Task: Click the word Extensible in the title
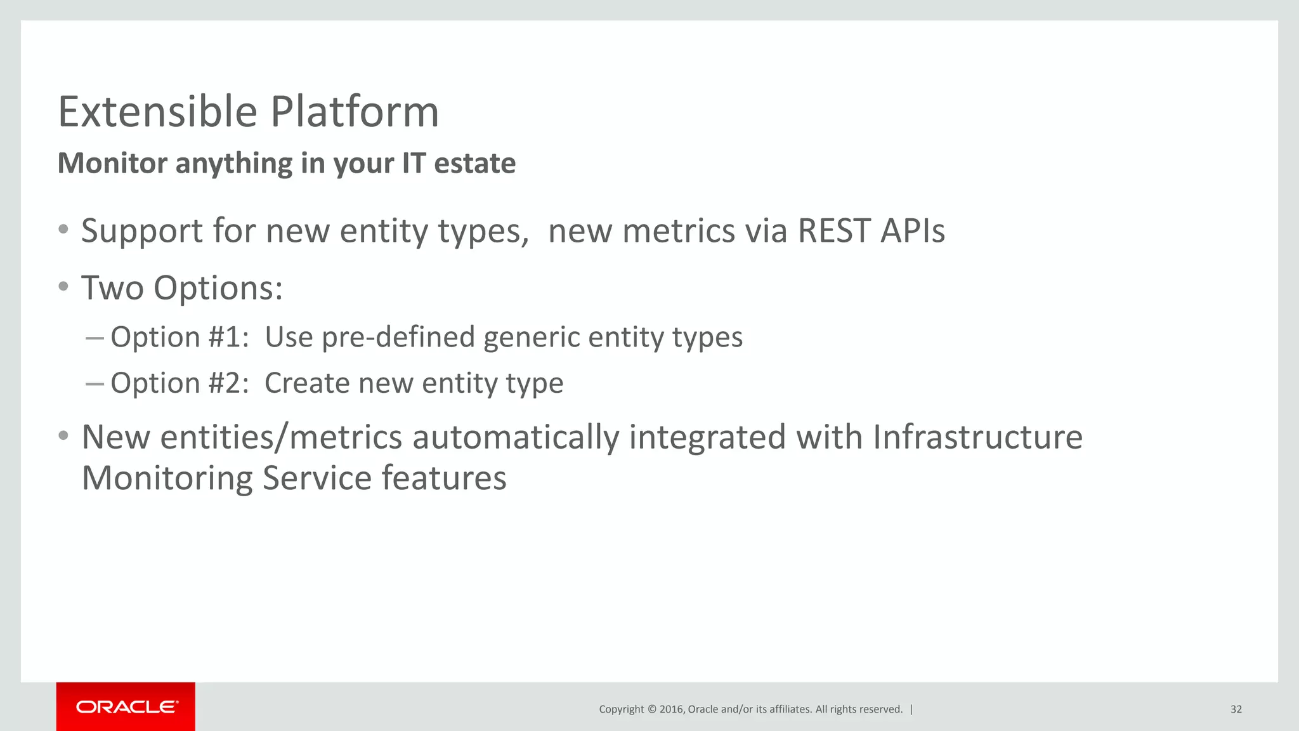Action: pos(157,112)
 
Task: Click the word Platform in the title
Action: pos(355,112)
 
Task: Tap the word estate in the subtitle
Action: pos(474,164)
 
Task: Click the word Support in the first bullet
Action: pos(141,232)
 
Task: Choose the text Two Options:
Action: pos(182,289)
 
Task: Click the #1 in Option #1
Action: pos(228,337)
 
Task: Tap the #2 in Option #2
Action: pos(228,383)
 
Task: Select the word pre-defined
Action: pos(398,337)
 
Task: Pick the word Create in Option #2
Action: pos(306,383)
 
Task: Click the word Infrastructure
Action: pos(977,437)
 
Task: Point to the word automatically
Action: pos(516,438)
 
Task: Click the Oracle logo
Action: pos(126,707)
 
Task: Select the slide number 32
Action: pos(1236,709)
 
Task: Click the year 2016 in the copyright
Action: pos(671,709)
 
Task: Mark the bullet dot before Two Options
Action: pos(63,287)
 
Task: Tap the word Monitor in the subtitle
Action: pos(112,164)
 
